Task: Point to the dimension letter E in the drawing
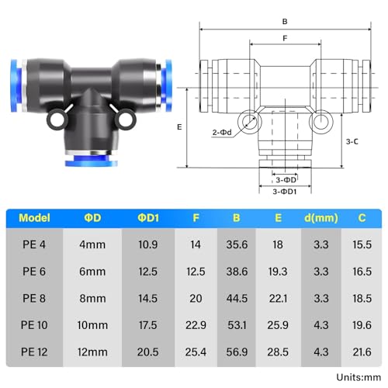[179, 125]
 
